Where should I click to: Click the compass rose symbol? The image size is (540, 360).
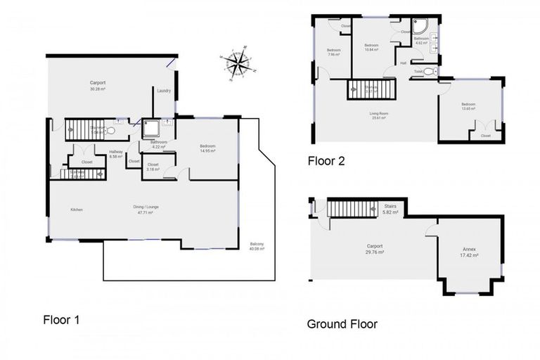[x=239, y=63]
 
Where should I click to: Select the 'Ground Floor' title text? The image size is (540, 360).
[x=342, y=324]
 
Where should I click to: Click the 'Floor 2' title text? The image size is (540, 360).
[x=326, y=161]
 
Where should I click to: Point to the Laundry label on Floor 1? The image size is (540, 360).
[x=165, y=91]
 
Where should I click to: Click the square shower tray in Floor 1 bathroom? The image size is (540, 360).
[x=151, y=128]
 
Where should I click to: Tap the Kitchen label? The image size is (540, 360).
[x=77, y=210]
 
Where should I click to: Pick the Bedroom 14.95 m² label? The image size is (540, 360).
[x=207, y=148]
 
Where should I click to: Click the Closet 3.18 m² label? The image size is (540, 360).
[x=153, y=167]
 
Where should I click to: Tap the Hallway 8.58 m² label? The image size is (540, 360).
[x=116, y=154]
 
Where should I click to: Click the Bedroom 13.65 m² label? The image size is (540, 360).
[x=468, y=106]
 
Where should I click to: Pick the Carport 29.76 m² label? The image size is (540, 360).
[x=374, y=248]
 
